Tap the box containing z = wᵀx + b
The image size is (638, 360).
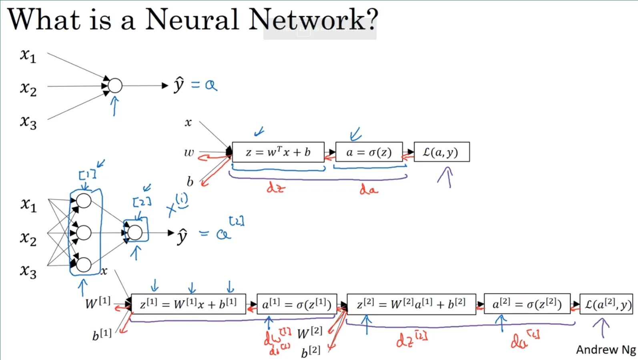point(278,152)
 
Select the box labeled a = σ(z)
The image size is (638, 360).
point(369,152)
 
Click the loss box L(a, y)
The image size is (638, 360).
point(441,152)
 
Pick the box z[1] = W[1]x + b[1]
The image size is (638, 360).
point(188,304)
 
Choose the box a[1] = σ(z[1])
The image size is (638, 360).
point(297,305)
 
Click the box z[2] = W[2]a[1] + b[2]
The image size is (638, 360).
point(411,304)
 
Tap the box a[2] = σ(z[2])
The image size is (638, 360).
point(527,304)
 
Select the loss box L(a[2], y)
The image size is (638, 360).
point(606,304)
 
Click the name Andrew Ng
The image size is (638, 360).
point(606,350)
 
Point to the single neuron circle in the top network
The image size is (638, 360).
point(115,86)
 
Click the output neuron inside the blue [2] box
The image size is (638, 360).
point(135,232)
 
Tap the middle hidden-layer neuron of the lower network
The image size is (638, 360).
point(84,233)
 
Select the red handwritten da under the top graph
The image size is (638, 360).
point(368,189)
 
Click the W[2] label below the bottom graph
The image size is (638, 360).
point(310,332)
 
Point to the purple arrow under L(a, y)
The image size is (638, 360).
point(446,177)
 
